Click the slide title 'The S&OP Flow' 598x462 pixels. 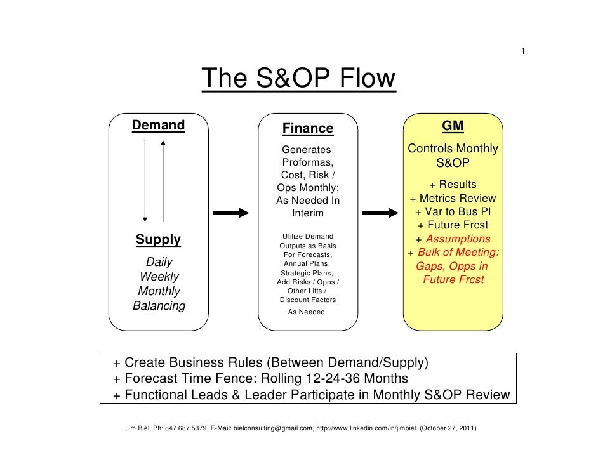click(x=298, y=80)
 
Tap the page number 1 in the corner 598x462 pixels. click(x=523, y=51)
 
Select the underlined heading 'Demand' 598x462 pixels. click(x=158, y=125)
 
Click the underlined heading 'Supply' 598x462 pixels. click(x=158, y=240)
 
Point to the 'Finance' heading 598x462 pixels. click(x=308, y=129)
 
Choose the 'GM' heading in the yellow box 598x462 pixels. click(x=453, y=126)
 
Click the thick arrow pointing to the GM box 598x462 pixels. click(x=379, y=213)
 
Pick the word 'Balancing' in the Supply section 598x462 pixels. click(x=159, y=306)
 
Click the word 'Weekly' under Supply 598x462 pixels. click(x=159, y=277)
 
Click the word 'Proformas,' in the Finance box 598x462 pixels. click(x=308, y=162)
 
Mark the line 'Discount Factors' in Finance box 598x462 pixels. click(x=308, y=300)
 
